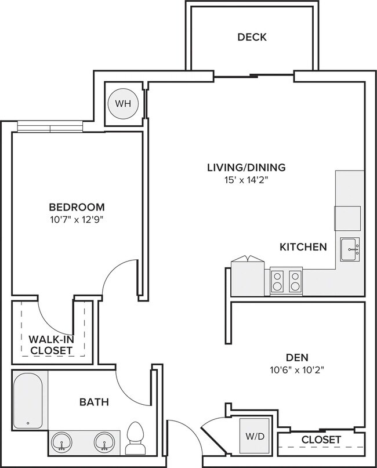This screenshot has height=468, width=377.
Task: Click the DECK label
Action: [252, 37]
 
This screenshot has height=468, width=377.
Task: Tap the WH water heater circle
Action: [123, 104]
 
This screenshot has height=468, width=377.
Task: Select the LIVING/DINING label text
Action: [246, 168]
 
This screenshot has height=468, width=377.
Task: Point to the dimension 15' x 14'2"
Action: [246, 180]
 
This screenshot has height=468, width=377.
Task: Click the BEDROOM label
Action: [77, 207]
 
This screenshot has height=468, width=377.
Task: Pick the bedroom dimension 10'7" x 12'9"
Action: [77, 220]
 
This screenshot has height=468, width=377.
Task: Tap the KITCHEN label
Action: [303, 247]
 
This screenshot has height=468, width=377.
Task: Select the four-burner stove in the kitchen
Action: [286, 281]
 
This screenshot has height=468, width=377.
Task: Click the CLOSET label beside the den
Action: [321, 440]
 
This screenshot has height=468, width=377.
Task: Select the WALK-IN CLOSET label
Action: [50, 344]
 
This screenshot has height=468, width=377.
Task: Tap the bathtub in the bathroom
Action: [29, 400]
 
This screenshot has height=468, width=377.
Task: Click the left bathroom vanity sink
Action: [61, 442]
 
